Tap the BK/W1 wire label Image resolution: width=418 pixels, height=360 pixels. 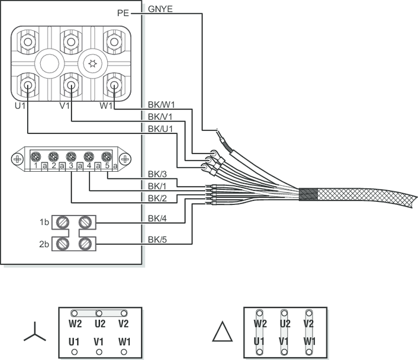[162, 104]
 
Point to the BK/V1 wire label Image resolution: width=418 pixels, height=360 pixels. [161, 117]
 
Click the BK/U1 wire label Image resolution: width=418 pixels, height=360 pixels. [161, 128]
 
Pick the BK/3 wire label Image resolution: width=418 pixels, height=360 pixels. [157, 174]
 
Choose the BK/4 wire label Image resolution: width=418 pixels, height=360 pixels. [157, 219]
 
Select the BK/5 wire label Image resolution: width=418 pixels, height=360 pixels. [157, 240]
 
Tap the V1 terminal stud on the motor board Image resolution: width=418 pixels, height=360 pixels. [71, 86]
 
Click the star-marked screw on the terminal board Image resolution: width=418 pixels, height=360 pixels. [92, 62]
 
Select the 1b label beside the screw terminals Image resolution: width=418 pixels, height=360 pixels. [44, 222]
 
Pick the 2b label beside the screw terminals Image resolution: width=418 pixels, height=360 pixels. [44, 243]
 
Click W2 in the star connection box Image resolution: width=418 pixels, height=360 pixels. [74, 324]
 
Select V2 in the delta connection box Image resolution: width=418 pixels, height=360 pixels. [308, 324]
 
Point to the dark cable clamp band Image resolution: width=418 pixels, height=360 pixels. [308, 194]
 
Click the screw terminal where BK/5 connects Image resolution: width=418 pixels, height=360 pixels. [85, 243]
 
